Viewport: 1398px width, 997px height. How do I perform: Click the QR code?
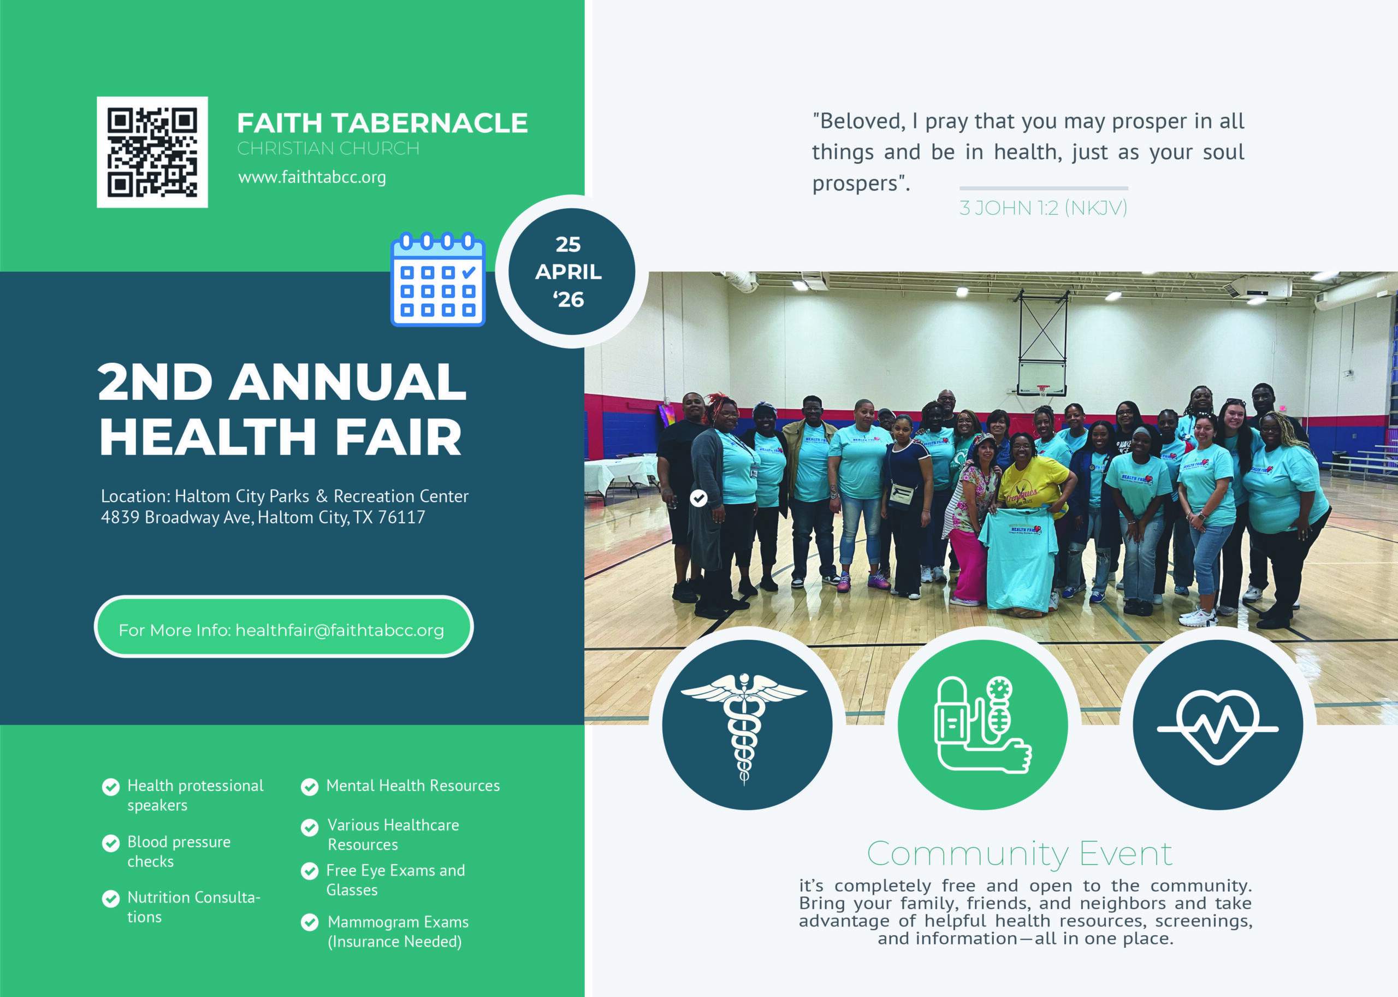(x=152, y=152)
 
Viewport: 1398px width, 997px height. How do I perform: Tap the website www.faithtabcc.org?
(x=312, y=178)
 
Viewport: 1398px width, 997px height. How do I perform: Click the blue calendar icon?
(x=437, y=279)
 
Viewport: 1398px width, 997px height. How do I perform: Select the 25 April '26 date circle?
(x=571, y=272)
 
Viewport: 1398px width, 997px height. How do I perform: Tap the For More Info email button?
(x=283, y=627)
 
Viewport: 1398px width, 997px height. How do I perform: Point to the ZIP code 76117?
(x=401, y=517)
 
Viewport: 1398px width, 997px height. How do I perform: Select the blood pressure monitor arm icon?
(x=982, y=724)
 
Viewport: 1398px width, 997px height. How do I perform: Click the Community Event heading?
(x=1020, y=854)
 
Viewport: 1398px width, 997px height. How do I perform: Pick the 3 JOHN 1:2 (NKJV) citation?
(x=1043, y=208)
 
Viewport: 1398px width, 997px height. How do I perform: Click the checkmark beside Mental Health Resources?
(x=310, y=787)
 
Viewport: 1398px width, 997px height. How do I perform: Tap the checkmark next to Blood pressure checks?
(x=110, y=843)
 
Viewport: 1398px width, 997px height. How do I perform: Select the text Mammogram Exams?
(x=398, y=922)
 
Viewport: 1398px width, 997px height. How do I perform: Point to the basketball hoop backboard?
(x=1041, y=377)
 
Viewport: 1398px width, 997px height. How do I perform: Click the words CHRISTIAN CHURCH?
(x=328, y=149)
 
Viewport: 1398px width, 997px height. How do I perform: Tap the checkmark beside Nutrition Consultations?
(x=110, y=899)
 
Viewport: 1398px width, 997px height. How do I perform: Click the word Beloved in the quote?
(x=862, y=122)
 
